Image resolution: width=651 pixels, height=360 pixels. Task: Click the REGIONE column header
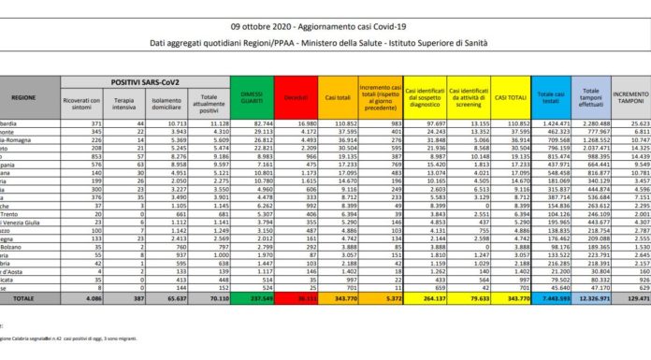(24, 96)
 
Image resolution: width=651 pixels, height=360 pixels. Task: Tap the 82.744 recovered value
(252, 123)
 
